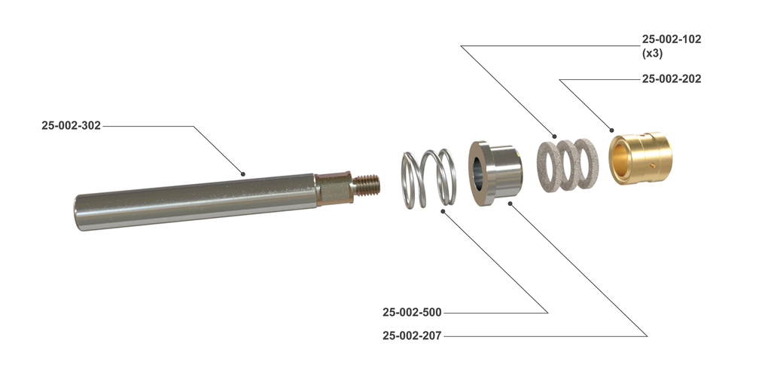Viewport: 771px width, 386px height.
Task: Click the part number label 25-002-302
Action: [71, 126]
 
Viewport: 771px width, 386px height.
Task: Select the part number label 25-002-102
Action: [671, 39]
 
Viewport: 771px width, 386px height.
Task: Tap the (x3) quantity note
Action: [653, 54]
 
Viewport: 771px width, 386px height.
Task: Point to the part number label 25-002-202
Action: [671, 78]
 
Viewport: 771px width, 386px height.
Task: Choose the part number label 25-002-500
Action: [412, 312]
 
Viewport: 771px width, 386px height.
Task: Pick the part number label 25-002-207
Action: [412, 336]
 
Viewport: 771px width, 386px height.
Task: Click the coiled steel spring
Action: [427, 179]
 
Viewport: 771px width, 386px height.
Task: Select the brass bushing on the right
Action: [641, 158]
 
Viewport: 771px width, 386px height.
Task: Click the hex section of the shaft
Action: [333, 188]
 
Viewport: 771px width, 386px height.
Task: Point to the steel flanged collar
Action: [495, 173]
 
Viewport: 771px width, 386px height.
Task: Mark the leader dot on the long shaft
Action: [243, 173]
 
